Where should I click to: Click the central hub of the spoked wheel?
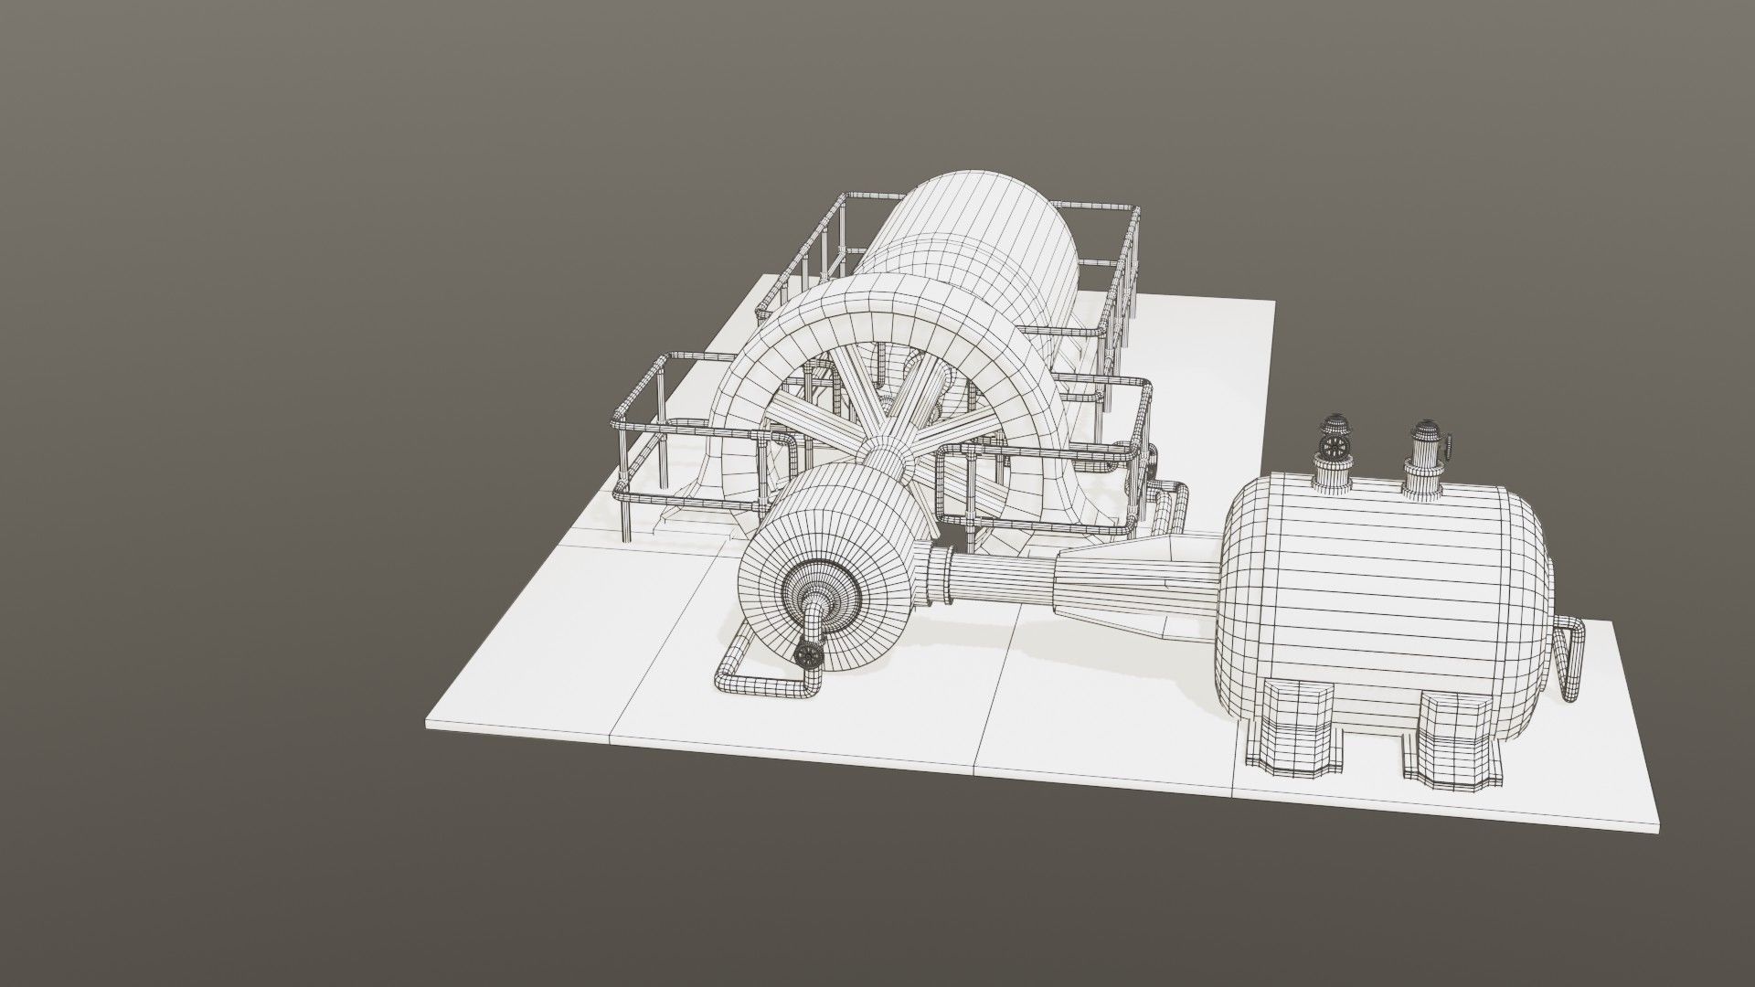885,454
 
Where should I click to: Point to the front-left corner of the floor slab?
430,727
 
